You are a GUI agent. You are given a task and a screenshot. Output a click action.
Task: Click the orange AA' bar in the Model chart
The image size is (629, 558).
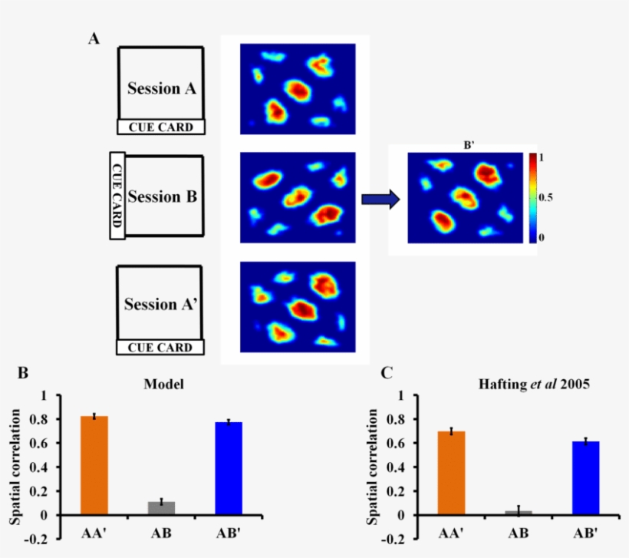pos(94,465)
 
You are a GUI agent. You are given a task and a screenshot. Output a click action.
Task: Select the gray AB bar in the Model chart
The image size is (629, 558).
pos(162,508)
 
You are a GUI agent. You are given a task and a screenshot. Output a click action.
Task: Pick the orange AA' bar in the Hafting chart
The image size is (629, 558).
pos(451,473)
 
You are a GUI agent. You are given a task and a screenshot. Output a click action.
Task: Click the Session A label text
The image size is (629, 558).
pos(161,88)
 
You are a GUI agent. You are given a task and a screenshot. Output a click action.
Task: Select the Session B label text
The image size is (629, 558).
pos(162,196)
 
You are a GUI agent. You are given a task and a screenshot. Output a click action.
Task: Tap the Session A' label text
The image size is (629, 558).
pos(160,304)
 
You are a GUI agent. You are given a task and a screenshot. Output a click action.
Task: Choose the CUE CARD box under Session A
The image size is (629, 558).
pos(160,127)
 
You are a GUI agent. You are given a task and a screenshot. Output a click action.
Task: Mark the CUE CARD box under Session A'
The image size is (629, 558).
pos(160,348)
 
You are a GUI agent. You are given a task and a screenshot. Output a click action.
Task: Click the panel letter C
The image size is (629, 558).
pos(387,374)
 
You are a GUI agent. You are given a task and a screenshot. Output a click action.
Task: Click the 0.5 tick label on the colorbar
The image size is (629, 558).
pos(546,197)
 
